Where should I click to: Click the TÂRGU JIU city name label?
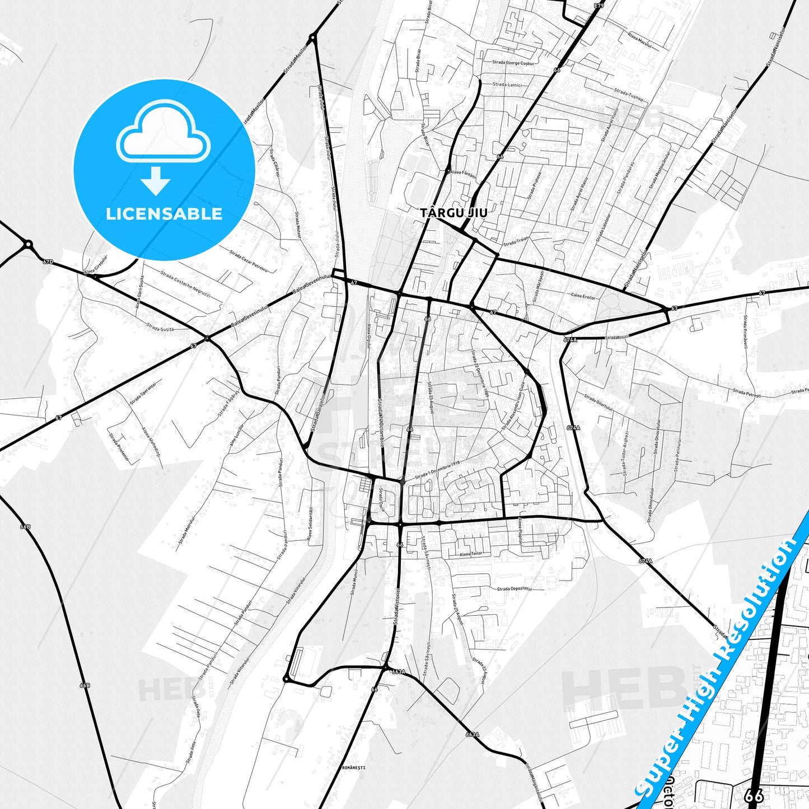pos(453,213)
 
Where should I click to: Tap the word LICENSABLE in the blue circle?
pos(164,213)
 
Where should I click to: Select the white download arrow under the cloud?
pos(156,180)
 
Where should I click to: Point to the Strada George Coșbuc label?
pos(513,63)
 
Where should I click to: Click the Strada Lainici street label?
pos(507,85)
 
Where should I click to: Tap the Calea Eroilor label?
pos(583,296)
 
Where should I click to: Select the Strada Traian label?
pos(516,242)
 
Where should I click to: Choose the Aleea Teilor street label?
pos(470,554)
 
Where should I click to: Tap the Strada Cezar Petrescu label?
pos(249,261)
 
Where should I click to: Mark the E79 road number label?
pos(600,6)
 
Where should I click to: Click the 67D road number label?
pos(48,261)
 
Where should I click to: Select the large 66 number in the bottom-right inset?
pos(755,795)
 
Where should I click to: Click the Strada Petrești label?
pos(746,394)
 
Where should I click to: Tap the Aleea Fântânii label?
pos(464,175)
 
